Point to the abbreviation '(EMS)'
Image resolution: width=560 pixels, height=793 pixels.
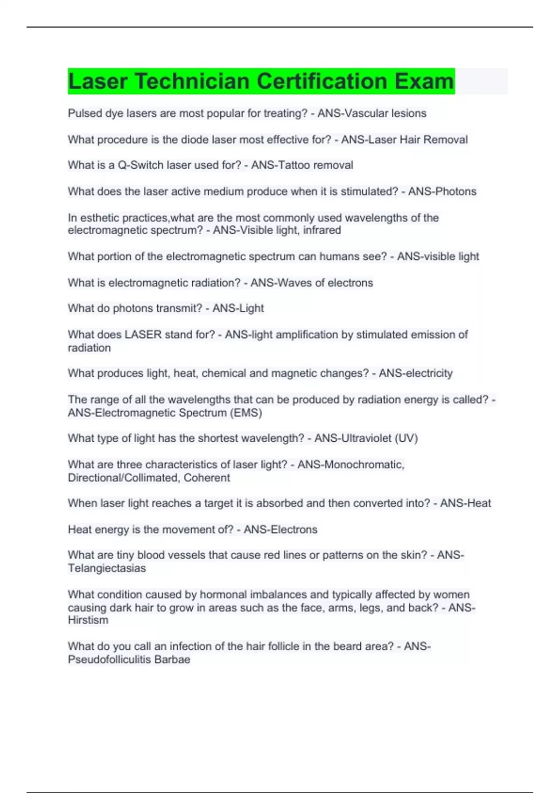coord(246,413)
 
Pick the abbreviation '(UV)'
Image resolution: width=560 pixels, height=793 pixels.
coord(406,438)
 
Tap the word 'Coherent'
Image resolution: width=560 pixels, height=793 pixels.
coord(207,478)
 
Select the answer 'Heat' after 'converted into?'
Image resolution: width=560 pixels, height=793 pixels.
coord(479,503)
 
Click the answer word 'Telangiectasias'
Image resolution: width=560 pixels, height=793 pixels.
coord(107,568)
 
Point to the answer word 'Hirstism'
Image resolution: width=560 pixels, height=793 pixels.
coord(88,620)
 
